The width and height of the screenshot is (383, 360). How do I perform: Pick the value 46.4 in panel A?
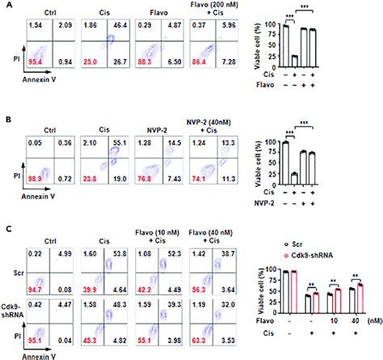pos(124,28)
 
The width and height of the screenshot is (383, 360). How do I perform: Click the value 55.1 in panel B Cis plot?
pos(124,142)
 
